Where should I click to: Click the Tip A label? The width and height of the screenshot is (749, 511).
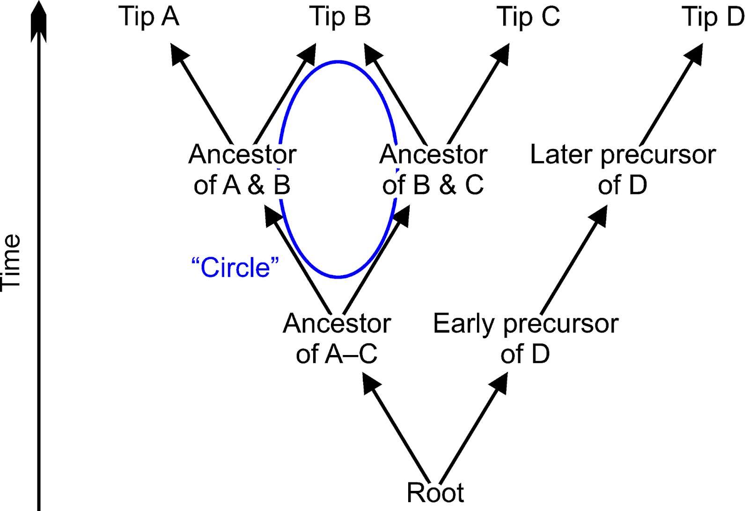(149, 17)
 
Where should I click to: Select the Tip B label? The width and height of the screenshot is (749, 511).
(340, 17)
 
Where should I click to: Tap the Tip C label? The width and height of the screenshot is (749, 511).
(528, 17)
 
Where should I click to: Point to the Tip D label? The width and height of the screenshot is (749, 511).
(713, 17)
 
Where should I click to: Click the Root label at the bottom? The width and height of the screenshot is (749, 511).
(435, 493)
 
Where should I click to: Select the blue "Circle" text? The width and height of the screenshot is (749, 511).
(235, 268)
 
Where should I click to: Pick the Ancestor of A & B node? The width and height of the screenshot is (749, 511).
(242, 169)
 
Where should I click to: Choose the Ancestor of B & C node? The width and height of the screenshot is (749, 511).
(433, 169)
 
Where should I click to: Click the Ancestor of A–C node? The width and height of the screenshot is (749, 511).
(337, 338)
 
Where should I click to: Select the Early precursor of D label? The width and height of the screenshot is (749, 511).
(526, 338)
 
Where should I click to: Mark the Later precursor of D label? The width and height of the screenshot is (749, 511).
(623, 169)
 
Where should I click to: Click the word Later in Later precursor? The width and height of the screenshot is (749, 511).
(561, 155)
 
